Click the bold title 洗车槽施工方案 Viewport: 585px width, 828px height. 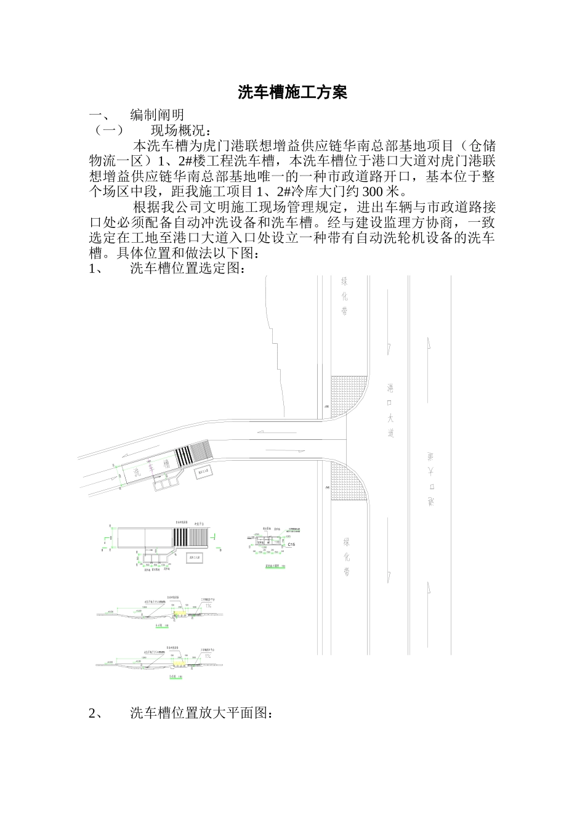[x=292, y=93]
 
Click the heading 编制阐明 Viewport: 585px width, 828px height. [x=157, y=115]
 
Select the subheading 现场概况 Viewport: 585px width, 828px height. [x=180, y=131]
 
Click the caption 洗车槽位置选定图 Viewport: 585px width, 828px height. [x=188, y=269]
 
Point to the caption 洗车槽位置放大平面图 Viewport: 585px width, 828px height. [x=201, y=713]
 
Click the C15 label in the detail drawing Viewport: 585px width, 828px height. [x=292, y=545]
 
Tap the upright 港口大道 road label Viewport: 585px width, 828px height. [x=390, y=410]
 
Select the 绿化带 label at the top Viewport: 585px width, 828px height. [x=344, y=296]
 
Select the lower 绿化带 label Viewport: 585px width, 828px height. [x=347, y=556]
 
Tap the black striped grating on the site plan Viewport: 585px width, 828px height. [x=184, y=455]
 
